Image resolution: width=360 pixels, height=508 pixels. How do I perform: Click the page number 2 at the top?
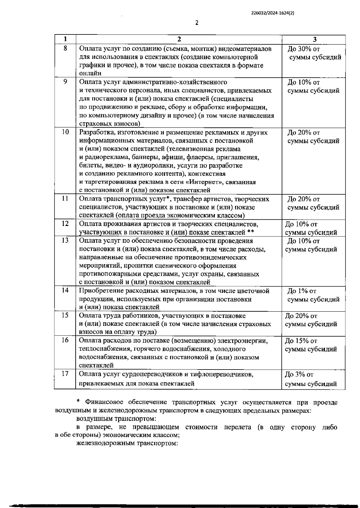tap(197, 23)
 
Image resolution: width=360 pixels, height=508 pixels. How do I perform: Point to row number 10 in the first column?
tap(65, 132)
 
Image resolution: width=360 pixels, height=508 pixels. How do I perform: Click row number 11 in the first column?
tap(65, 198)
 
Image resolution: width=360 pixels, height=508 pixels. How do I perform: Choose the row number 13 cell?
tap(65, 240)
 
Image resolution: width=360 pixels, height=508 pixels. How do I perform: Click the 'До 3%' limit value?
tap(296, 374)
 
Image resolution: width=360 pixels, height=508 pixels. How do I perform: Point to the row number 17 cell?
tap(65, 373)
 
